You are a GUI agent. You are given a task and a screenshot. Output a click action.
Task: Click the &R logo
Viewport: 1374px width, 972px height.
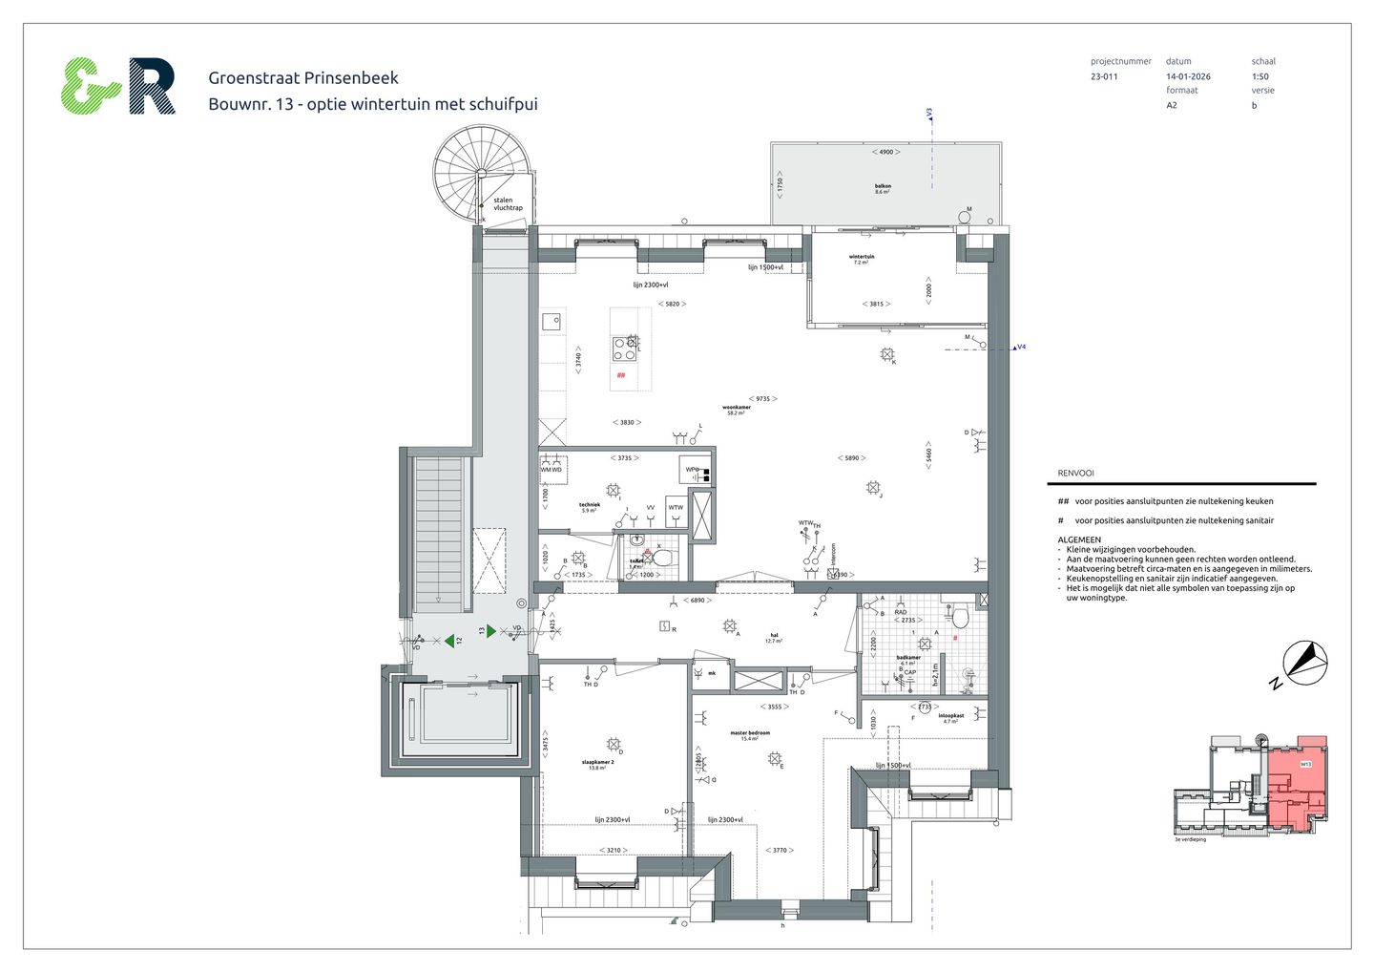118,87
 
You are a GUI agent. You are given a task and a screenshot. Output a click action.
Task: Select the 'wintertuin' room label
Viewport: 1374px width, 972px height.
862,258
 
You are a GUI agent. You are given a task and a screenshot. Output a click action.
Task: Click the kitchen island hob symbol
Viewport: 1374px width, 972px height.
625,349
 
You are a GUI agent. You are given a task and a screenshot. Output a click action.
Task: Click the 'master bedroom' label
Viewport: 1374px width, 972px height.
750,734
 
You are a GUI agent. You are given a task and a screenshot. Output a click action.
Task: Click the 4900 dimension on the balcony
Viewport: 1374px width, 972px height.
885,152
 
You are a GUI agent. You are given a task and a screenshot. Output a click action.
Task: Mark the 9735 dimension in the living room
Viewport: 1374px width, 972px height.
762,398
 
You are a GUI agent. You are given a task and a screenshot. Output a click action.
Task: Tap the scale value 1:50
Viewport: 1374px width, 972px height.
1259,76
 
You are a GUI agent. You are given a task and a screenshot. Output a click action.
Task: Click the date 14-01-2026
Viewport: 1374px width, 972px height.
1188,76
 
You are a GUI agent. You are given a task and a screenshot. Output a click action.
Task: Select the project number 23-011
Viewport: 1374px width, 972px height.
1104,76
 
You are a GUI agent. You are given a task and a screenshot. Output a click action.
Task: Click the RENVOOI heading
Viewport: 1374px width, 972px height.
1075,474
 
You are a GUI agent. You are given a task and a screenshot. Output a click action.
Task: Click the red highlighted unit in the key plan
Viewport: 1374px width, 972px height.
1296,778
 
